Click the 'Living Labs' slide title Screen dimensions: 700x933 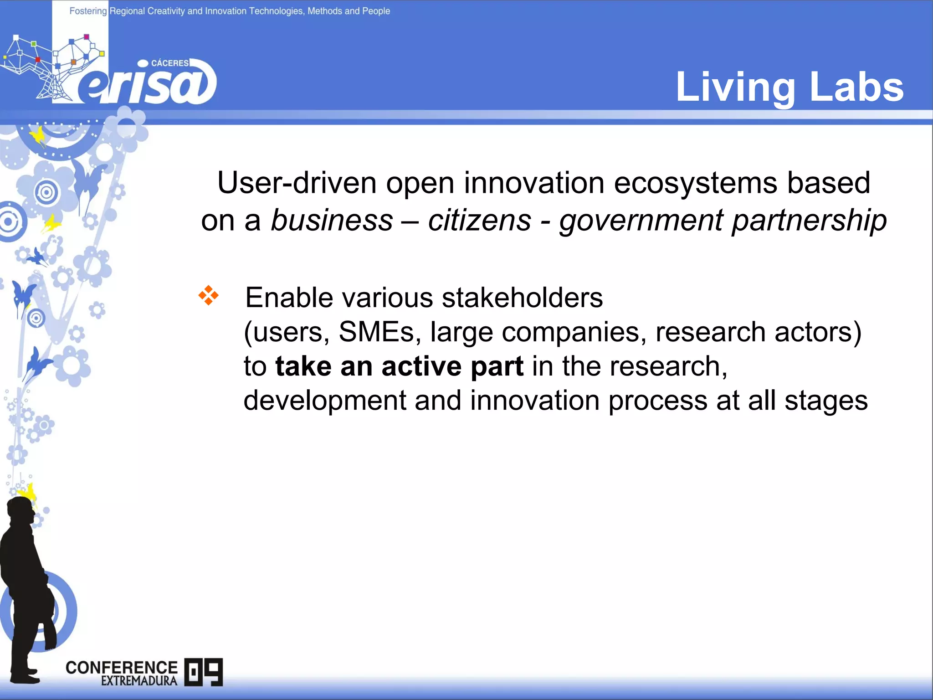pos(789,87)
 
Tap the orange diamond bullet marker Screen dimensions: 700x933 pos(208,295)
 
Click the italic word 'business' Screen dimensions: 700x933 pos(332,221)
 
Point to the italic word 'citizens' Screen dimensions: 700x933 pos(479,221)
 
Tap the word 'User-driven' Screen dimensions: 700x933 pos(297,183)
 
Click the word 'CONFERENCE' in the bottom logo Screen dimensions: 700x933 pos(122,668)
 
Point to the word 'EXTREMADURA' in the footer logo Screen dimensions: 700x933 pos(139,681)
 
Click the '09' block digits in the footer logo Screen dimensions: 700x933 pos(204,672)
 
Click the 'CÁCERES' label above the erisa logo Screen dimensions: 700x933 pos(169,63)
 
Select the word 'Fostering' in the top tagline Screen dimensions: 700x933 pos(88,11)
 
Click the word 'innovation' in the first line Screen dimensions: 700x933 pos(534,183)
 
